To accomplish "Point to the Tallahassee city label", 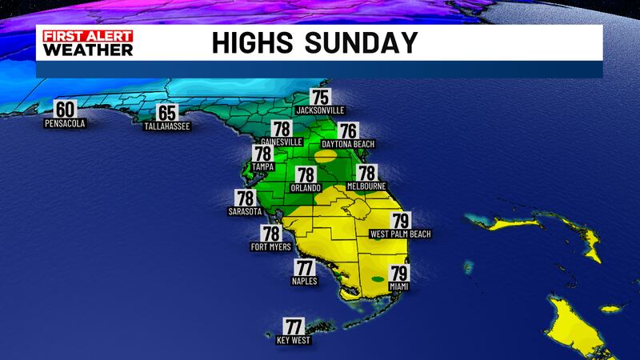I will point(166,127).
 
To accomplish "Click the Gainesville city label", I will point(279,142).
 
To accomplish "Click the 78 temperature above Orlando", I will point(306,175).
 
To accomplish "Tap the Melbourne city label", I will point(366,186).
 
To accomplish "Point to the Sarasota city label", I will point(245,212).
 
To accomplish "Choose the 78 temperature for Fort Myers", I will point(270,234).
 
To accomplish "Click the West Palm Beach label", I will point(400,234).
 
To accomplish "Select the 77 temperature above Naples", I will point(305,269).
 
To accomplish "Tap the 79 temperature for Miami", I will point(398,274).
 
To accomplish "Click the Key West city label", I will point(294,341).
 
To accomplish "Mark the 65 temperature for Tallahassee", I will point(166,114).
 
